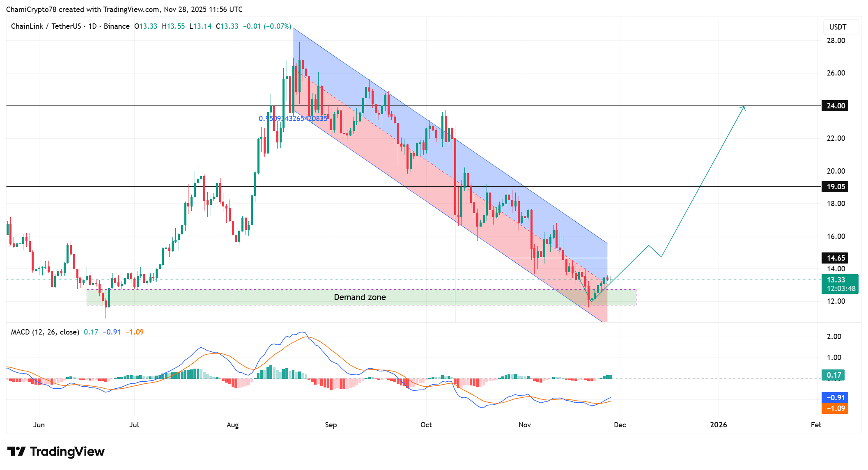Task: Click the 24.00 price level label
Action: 835,106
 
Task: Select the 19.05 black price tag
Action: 835,187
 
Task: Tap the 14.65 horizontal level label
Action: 835,258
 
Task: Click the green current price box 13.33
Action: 839,284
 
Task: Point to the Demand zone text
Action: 360,297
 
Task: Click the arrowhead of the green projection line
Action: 744,108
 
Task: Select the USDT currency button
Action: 838,27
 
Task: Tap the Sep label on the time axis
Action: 331,425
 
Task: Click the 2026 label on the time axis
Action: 719,425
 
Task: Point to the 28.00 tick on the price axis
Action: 836,41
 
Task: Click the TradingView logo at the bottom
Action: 56,452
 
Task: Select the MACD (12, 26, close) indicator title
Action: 45,332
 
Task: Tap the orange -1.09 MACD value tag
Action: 835,408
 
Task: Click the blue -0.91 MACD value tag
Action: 835,397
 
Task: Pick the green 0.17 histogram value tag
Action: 834,375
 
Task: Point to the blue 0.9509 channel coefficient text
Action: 293,119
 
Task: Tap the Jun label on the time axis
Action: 39,425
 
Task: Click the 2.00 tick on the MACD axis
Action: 834,337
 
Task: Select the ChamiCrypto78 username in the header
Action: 31,9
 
